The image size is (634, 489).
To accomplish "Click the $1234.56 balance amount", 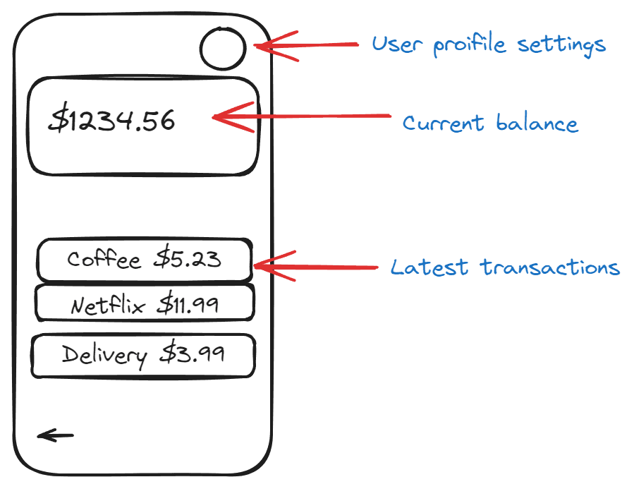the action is (x=111, y=121).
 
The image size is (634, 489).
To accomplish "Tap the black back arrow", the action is (x=56, y=435).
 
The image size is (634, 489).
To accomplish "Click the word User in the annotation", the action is (x=398, y=44).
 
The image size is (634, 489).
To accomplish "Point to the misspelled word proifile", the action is (x=470, y=44).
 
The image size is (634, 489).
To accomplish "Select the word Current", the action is (x=443, y=123).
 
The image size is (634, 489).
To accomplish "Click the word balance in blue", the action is (x=537, y=122).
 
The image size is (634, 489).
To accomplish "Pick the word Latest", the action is (x=429, y=267).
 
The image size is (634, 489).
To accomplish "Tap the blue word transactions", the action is (x=550, y=267).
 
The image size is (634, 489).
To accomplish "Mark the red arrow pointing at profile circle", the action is (x=307, y=45).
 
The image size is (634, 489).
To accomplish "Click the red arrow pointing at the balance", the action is (x=302, y=117).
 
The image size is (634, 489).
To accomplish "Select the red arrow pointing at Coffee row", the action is (x=315, y=266).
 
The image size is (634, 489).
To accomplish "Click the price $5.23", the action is (x=188, y=258).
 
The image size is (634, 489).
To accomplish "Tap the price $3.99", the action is (x=192, y=353).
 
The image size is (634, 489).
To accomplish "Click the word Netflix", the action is (x=108, y=305).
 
